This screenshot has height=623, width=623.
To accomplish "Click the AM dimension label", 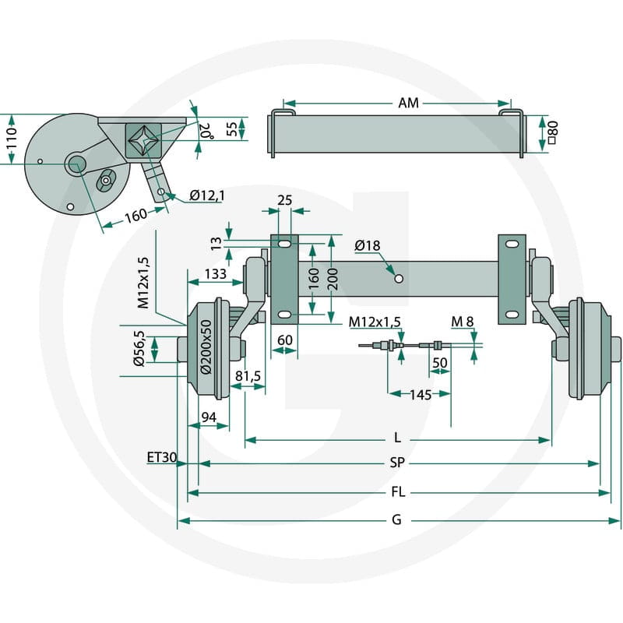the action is [x=408, y=103].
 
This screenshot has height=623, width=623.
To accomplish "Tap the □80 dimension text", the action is [x=553, y=132].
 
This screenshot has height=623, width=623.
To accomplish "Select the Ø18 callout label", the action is [x=368, y=245].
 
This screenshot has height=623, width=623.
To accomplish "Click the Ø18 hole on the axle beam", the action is [x=399, y=279].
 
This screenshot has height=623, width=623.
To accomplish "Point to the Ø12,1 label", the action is [x=207, y=195].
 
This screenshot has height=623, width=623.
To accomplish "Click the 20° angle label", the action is [x=206, y=131].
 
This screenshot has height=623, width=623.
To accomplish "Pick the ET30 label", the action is [x=162, y=458].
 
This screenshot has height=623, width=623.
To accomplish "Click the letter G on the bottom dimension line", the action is [x=396, y=519].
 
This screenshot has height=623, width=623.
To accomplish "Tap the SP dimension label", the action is [x=397, y=463].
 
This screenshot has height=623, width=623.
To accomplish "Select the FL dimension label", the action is [x=398, y=492].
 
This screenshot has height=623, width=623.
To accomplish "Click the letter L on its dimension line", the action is [x=397, y=438].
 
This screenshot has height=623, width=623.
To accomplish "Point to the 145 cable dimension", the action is [x=421, y=395].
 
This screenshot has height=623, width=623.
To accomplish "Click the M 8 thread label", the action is [x=463, y=322].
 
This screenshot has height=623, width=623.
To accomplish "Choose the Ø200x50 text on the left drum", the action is [x=206, y=347].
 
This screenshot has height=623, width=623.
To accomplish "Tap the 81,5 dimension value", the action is [x=248, y=376].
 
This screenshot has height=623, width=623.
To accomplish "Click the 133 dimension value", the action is [x=216, y=273].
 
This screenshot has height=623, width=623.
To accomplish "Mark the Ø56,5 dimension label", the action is [x=139, y=348].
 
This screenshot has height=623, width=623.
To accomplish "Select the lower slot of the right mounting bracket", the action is [x=512, y=315].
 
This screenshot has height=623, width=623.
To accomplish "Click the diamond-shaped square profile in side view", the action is [x=143, y=140].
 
